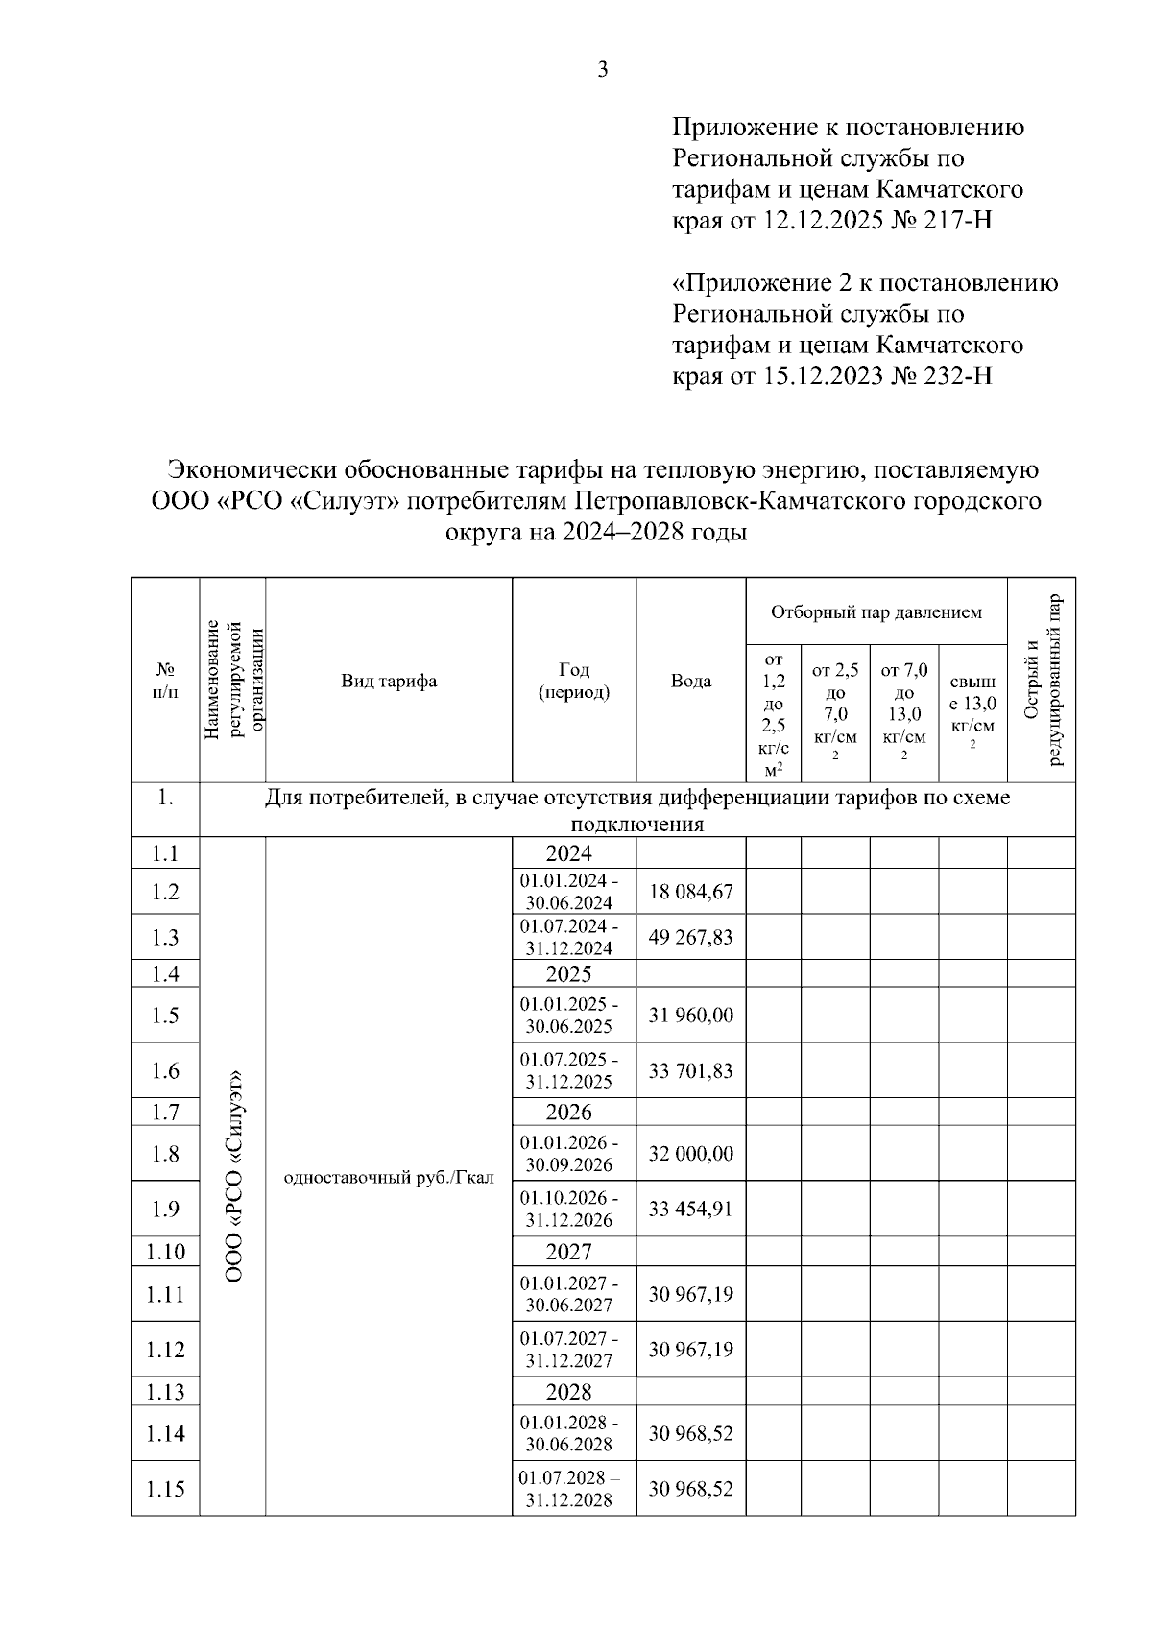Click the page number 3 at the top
click(x=603, y=69)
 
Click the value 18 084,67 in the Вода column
click(x=690, y=892)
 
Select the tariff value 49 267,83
click(x=690, y=937)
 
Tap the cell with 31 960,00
click(x=690, y=1016)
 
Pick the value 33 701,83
click(x=690, y=1070)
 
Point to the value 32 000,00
click(x=690, y=1154)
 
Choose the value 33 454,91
click(x=690, y=1209)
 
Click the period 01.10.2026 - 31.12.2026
click(x=569, y=1210)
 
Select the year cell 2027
click(x=569, y=1252)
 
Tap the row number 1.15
click(x=165, y=1489)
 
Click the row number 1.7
click(x=165, y=1113)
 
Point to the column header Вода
click(x=690, y=682)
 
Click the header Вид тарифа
click(x=389, y=682)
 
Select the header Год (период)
click(x=574, y=681)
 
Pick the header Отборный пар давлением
click(x=876, y=612)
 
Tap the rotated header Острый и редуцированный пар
click(x=1041, y=682)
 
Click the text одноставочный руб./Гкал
click(x=389, y=1178)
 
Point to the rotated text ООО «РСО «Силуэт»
click(x=233, y=1176)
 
